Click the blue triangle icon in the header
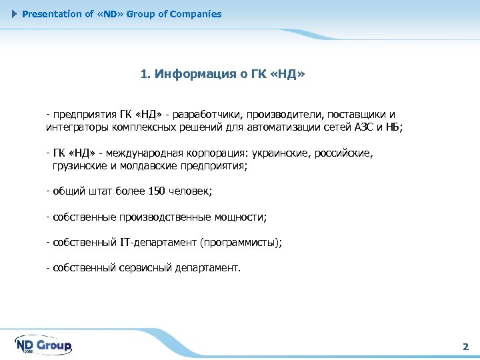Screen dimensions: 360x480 (15, 14)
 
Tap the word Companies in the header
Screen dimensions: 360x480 (197, 14)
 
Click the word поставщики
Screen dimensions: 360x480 (353, 114)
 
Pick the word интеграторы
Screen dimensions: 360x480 (75, 126)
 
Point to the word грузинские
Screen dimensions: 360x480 (80, 165)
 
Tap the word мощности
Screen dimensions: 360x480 (240, 217)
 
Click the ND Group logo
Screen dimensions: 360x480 (43, 345)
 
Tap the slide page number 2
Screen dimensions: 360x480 (465, 347)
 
